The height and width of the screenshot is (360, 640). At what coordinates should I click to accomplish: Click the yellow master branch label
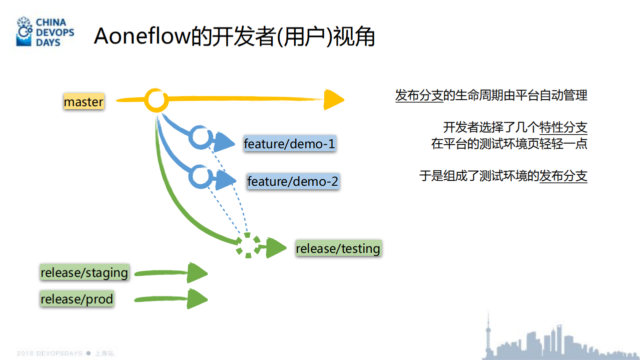[84, 102]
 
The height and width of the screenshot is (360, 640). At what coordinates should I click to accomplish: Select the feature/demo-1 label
[289, 144]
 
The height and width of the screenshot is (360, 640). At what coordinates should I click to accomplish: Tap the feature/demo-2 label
[293, 181]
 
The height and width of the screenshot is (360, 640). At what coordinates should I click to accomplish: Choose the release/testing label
[338, 248]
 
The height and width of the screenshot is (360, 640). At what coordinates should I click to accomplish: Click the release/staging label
[84, 273]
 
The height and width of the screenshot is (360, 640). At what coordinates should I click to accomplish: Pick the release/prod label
[77, 299]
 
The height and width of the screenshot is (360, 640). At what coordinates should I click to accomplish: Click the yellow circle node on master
[156, 101]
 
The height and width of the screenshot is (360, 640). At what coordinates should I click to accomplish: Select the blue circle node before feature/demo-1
[200, 137]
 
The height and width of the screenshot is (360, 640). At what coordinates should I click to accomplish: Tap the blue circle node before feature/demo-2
[200, 176]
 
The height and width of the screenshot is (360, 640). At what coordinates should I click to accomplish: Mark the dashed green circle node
[248, 245]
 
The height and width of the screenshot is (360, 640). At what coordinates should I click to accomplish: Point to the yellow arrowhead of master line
[333, 100]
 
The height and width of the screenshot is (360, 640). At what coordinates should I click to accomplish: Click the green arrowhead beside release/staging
[197, 273]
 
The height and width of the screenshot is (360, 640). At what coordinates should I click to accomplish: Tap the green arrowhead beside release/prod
[197, 299]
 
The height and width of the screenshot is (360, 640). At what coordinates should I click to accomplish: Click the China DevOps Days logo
[45, 32]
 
